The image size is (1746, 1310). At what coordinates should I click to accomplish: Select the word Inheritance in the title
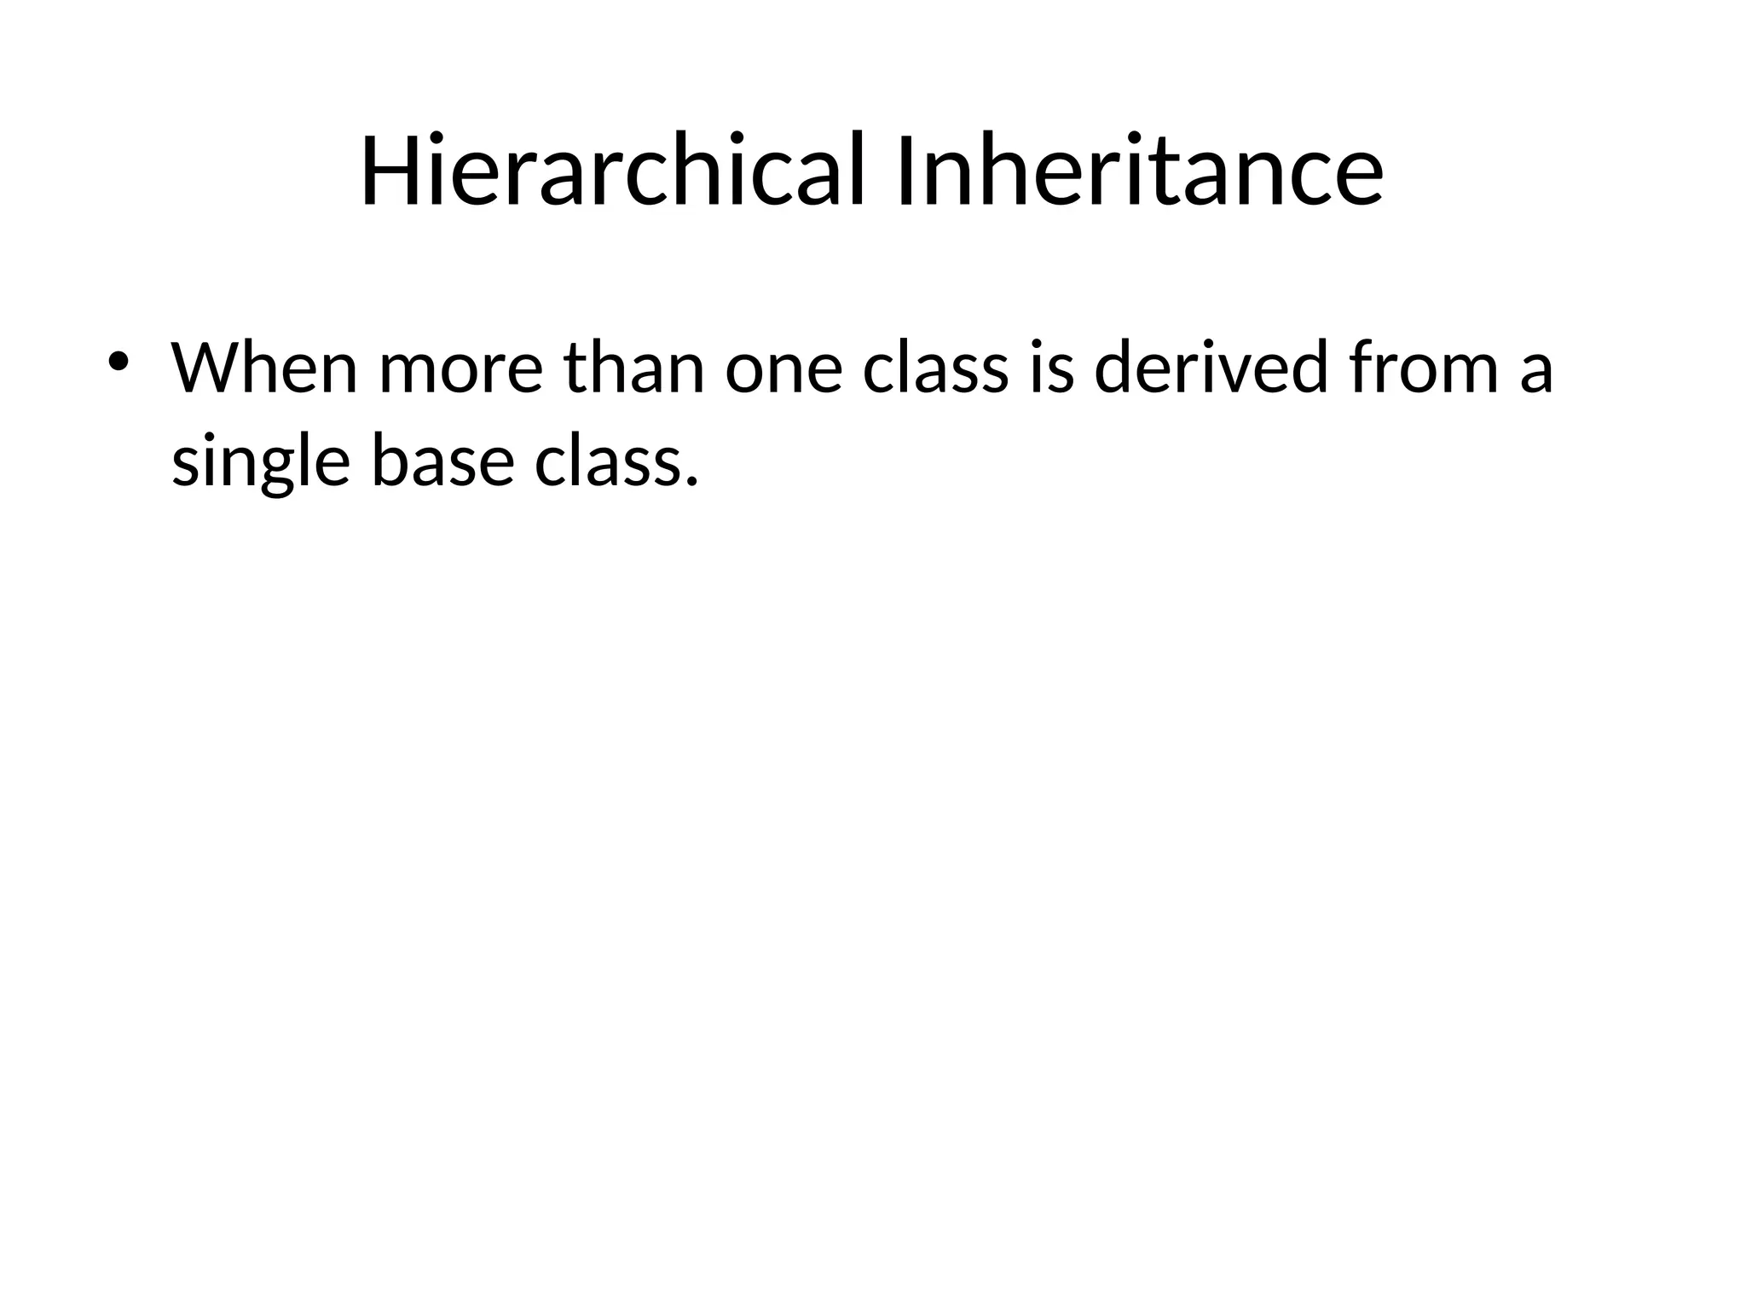click(1139, 171)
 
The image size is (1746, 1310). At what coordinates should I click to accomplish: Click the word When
click(264, 368)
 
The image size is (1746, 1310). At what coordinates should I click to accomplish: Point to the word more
click(460, 370)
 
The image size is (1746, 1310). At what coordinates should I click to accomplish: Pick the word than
click(634, 368)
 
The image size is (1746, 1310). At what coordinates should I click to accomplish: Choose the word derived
click(1211, 368)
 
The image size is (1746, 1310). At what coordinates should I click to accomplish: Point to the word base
click(442, 461)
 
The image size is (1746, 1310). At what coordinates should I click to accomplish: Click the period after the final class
click(691, 482)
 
